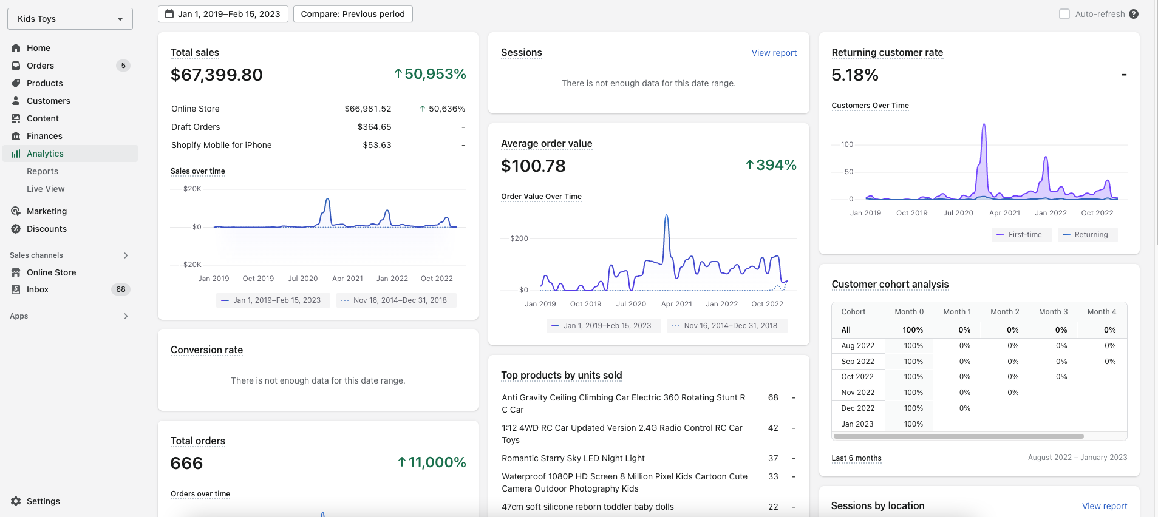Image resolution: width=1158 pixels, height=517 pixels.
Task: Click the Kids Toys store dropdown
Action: [x=70, y=19]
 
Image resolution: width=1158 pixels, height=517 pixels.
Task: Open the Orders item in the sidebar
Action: [x=40, y=66]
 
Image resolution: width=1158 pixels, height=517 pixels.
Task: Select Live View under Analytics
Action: [x=46, y=189]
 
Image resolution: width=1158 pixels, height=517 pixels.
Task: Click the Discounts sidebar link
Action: [x=47, y=229]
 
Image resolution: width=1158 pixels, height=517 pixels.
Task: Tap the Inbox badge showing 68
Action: [x=121, y=289]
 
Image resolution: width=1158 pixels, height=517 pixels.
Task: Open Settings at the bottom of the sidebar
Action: [x=43, y=501]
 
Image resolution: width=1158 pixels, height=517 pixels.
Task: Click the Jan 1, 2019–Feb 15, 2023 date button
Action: [x=223, y=14]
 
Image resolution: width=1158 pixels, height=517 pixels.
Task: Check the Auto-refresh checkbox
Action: [x=1064, y=14]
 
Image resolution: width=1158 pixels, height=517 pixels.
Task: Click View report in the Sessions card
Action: [x=774, y=53]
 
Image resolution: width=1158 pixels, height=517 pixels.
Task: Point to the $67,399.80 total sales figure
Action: [x=217, y=75]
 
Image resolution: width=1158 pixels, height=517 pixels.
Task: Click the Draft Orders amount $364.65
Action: [x=374, y=127]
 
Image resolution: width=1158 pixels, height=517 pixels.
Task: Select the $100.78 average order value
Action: [x=533, y=166]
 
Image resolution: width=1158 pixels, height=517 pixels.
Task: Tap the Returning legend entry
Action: [x=1088, y=235]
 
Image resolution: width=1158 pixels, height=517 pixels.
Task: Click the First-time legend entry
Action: [x=1021, y=235]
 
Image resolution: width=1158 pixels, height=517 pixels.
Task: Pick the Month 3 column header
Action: [x=1053, y=312]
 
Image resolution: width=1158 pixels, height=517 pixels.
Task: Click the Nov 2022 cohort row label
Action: [x=858, y=393]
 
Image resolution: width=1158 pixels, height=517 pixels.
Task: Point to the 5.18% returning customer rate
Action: [x=855, y=75]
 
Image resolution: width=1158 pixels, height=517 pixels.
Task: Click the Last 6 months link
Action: [x=856, y=458]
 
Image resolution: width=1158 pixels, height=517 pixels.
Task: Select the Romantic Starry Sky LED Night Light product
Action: [x=573, y=458]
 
